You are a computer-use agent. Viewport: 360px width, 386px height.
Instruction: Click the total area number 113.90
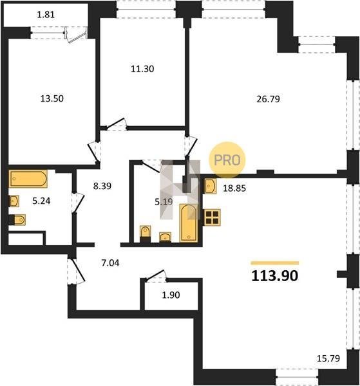click(275, 276)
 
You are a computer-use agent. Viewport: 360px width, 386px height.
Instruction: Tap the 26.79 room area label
click(268, 99)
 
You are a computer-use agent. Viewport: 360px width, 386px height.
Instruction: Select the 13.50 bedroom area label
click(52, 98)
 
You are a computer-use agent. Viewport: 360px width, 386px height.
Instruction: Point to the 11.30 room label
click(142, 69)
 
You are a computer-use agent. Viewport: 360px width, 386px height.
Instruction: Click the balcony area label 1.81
click(46, 15)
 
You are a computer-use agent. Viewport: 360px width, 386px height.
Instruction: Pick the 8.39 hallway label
click(102, 186)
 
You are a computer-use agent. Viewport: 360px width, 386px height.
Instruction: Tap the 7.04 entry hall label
click(110, 263)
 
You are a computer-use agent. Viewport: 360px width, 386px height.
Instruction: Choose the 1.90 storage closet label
click(171, 295)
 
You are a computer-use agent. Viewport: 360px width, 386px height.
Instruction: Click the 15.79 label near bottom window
click(328, 358)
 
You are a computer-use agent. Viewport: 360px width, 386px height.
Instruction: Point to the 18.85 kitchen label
click(234, 188)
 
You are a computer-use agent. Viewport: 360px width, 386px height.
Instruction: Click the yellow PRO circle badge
click(227, 160)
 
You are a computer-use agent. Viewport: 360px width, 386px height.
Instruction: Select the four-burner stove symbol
click(212, 217)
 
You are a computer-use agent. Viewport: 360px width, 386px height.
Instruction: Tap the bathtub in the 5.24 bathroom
click(28, 179)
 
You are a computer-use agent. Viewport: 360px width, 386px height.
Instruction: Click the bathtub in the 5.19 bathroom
click(189, 223)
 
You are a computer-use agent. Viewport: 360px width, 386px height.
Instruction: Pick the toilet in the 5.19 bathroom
click(145, 234)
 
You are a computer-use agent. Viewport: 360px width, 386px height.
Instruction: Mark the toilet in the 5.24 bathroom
click(17, 220)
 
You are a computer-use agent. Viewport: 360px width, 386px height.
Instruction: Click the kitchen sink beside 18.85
click(211, 186)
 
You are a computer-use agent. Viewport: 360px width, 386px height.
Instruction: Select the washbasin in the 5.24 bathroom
click(14, 201)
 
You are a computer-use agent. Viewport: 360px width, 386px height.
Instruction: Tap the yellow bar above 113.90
click(275, 263)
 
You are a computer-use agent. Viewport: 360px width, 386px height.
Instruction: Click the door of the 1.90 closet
click(155, 275)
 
